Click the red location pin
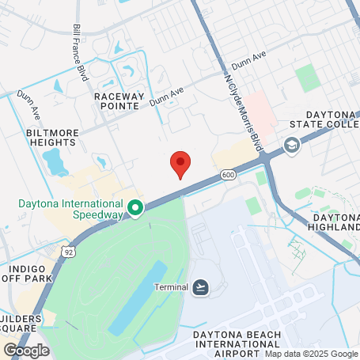(x=181, y=164)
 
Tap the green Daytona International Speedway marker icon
(x=135, y=208)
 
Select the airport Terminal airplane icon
(x=201, y=286)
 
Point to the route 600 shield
(x=228, y=175)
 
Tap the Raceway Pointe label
(x=121, y=100)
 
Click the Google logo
(x=25, y=349)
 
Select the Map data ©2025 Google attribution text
(x=310, y=354)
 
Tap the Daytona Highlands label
(x=336, y=222)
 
